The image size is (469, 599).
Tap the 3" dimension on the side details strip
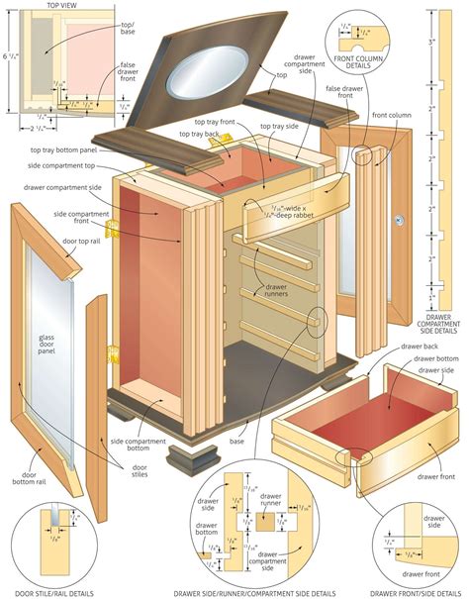(431, 42)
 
